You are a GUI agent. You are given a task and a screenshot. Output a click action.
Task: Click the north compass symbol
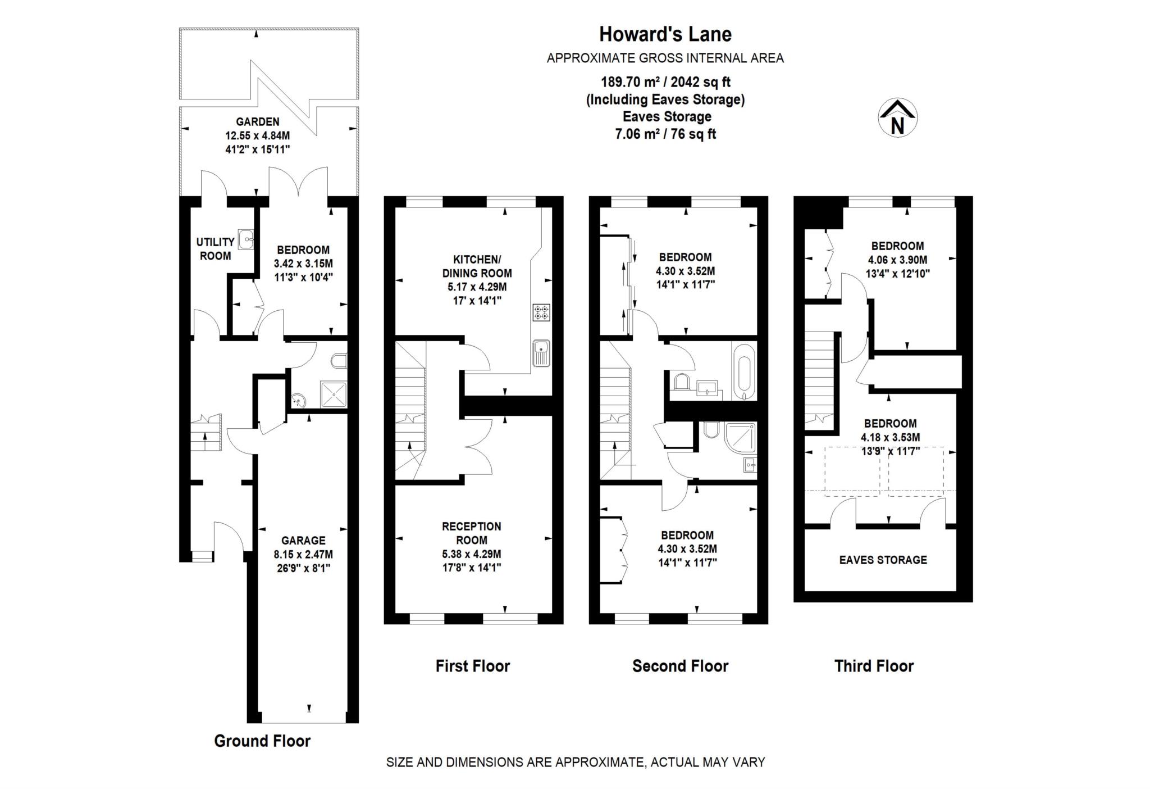897,119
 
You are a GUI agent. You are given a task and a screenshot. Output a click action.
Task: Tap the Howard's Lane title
665,34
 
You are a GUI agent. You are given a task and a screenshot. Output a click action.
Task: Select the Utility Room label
215,249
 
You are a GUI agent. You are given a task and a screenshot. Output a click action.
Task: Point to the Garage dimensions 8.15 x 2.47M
303,554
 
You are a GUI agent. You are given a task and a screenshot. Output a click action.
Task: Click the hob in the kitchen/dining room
541,312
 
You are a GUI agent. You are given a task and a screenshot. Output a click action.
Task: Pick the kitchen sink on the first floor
541,353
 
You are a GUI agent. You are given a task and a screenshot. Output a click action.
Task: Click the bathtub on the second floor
743,370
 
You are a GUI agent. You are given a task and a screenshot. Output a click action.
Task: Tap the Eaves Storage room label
883,560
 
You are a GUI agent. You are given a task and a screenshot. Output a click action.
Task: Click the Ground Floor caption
262,741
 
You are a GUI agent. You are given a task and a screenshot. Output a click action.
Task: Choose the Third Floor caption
874,666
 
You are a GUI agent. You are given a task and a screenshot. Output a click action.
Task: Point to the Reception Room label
471,533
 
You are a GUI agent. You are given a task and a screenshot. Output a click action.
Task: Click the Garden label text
257,121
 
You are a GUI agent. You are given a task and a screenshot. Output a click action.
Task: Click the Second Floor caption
680,666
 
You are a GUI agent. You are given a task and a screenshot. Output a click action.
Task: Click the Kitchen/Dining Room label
477,266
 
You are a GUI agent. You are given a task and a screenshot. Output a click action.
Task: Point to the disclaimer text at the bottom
575,763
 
